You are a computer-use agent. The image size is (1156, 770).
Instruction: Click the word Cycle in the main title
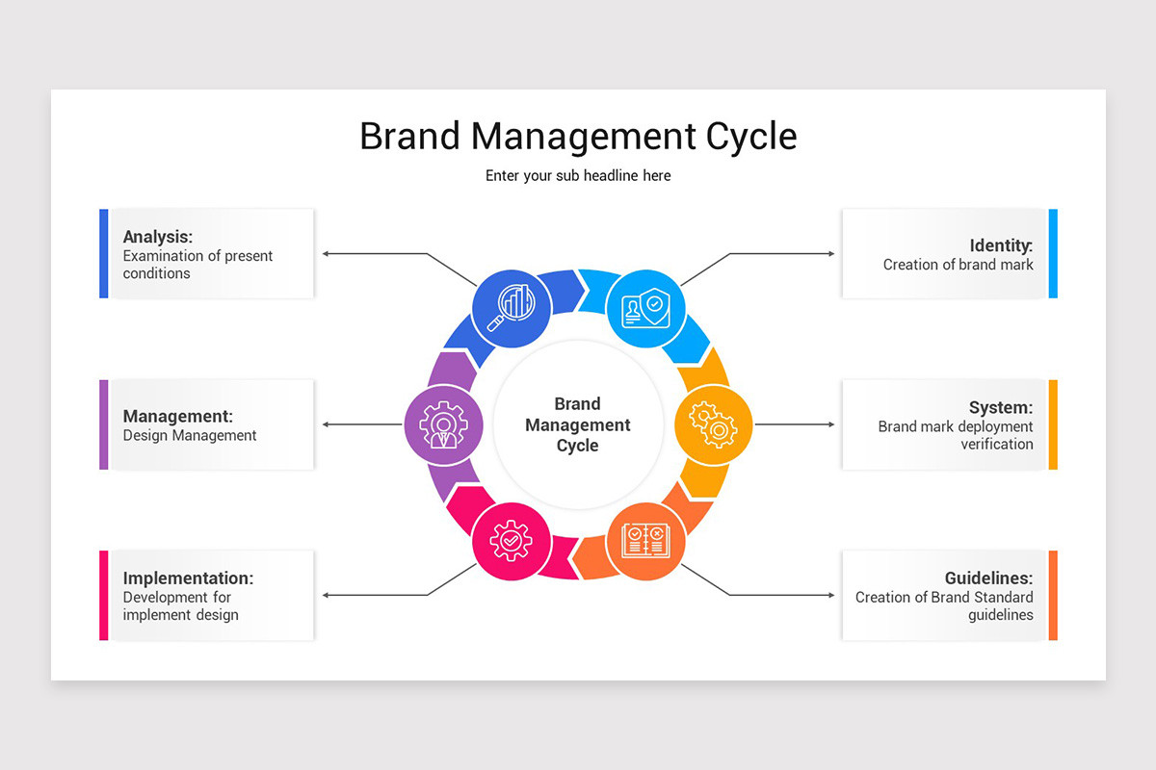(x=751, y=137)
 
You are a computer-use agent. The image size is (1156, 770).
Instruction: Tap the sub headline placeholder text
(x=578, y=176)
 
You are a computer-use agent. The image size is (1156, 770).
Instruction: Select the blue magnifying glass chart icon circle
(x=511, y=308)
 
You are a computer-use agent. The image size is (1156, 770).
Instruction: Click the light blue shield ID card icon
(x=645, y=308)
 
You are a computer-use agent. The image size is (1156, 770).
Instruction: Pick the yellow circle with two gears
(x=713, y=424)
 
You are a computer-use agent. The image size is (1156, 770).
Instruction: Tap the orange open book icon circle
(x=645, y=541)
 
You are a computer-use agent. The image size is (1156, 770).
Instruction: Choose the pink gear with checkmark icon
(x=511, y=541)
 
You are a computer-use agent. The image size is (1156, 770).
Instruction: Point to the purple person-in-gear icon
(x=443, y=424)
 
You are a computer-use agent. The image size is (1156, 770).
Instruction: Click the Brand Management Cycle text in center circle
(x=578, y=424)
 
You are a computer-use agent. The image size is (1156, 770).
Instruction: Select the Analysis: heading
(x=158, y=236)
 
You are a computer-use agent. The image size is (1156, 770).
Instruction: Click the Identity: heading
(x=1001, y=245)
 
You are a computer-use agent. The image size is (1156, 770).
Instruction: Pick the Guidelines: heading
(x=988, y=578)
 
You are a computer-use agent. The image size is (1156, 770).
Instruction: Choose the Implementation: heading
(x=188, y=578)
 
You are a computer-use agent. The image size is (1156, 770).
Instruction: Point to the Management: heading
(x=177, y=417)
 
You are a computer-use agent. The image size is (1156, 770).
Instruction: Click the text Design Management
(x=190, y=436)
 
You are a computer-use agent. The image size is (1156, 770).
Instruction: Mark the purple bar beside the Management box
(x=104, y=424)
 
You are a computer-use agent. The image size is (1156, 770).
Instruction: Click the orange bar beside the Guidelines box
(x=1053, y=595)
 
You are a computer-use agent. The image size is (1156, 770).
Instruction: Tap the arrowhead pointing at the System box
(x=831, y=424)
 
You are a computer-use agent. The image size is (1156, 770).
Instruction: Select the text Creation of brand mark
(x=958, y=265)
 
